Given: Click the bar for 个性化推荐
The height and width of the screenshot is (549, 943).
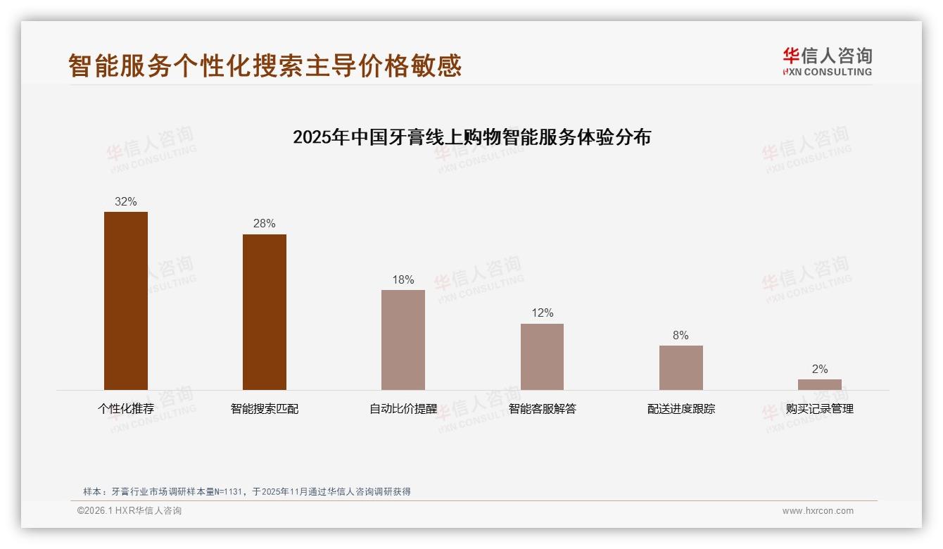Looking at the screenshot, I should [126, 301].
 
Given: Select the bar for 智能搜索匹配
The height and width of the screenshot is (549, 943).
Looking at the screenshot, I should [265, 312].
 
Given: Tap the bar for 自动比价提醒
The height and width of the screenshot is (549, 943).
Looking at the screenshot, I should [403, 340].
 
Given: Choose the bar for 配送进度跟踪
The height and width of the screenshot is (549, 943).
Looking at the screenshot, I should [681, 367].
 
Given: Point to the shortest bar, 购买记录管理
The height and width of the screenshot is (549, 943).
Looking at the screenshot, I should [819, 384].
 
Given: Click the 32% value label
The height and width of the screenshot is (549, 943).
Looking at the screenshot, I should [126, 201].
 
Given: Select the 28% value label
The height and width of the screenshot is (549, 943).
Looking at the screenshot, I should [265, 224].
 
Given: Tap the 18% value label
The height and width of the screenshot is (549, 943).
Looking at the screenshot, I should [403, 280].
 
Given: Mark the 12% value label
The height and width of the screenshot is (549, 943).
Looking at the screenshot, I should [542, 313].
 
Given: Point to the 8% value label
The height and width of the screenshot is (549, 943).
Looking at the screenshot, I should [681, 336].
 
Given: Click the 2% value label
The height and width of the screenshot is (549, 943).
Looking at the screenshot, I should [819, 369].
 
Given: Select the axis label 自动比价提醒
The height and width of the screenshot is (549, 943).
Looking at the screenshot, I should [403, 408].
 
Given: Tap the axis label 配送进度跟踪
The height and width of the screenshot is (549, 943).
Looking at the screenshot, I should [681, 408].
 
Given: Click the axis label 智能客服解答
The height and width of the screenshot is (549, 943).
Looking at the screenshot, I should [542, 408].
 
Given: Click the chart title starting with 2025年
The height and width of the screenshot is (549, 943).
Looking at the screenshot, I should [471, 137].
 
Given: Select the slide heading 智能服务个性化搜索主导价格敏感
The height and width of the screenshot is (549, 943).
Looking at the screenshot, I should [265, 65].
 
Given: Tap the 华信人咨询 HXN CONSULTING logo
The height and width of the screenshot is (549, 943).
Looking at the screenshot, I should [827, 62].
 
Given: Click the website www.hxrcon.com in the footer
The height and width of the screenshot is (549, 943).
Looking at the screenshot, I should [818, 511].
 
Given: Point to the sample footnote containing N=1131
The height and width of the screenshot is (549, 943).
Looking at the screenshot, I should [247, 492].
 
